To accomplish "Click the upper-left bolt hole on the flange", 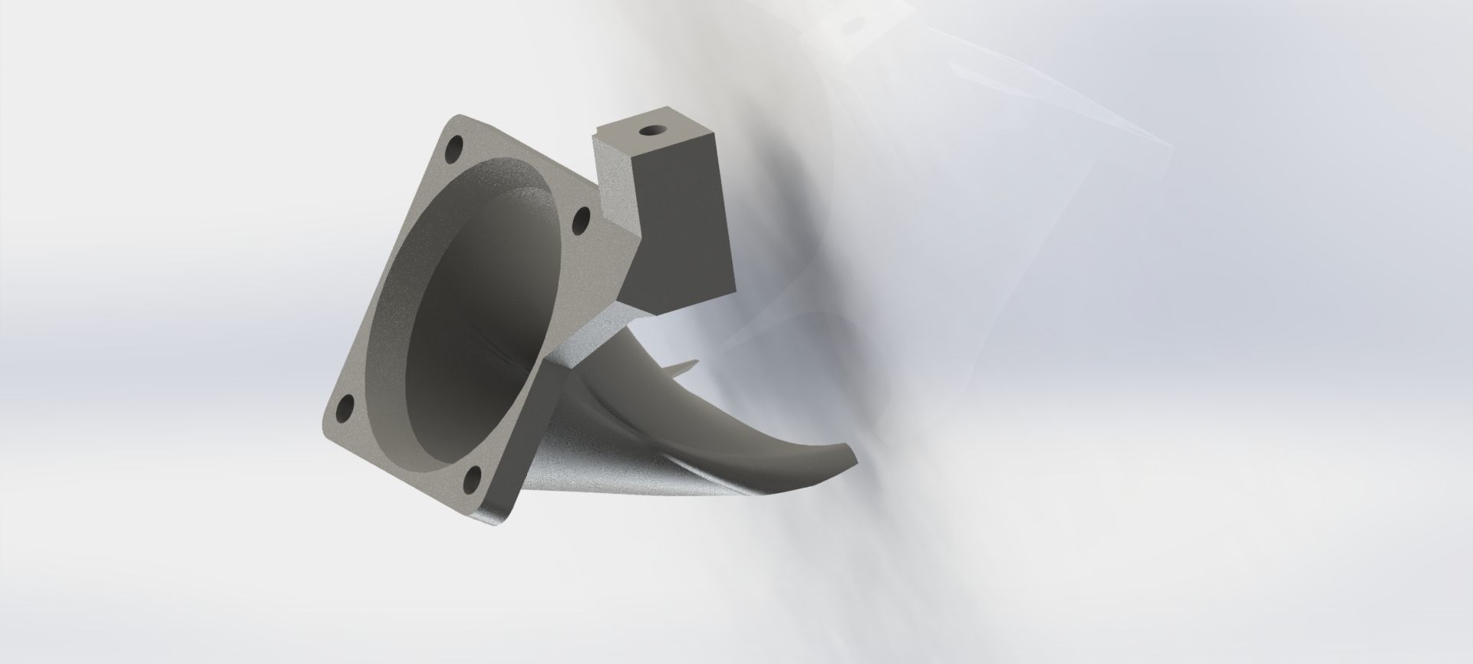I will tap(457, 145).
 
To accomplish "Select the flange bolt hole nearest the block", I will tap(581, 222).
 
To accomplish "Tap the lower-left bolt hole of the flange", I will tap(346, 407).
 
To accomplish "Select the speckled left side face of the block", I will tap(618, 184).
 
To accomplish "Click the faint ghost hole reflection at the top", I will tap(848, 25).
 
